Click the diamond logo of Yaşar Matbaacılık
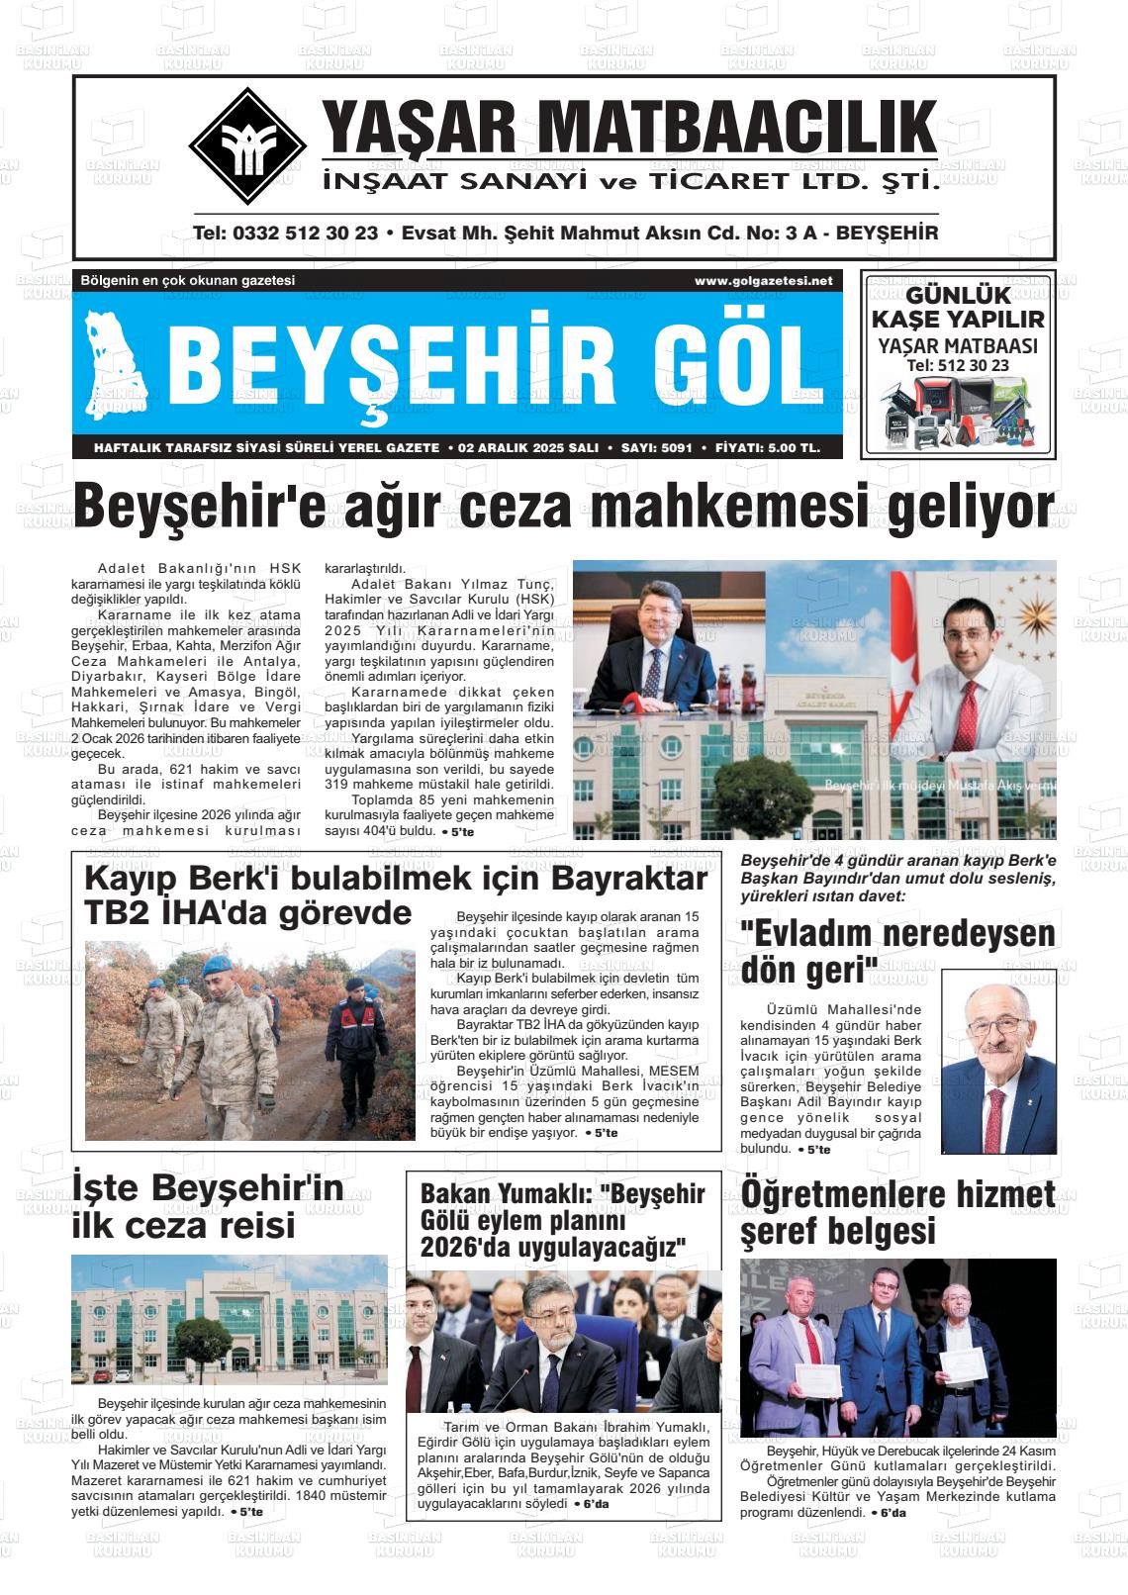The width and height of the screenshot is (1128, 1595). click(x=247, y=145)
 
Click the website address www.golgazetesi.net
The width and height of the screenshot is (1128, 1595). click(x=763, y=281)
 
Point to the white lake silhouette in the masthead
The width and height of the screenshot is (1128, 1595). click(x=118, y=360)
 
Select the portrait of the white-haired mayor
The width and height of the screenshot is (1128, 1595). click(x=996, y=1061)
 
